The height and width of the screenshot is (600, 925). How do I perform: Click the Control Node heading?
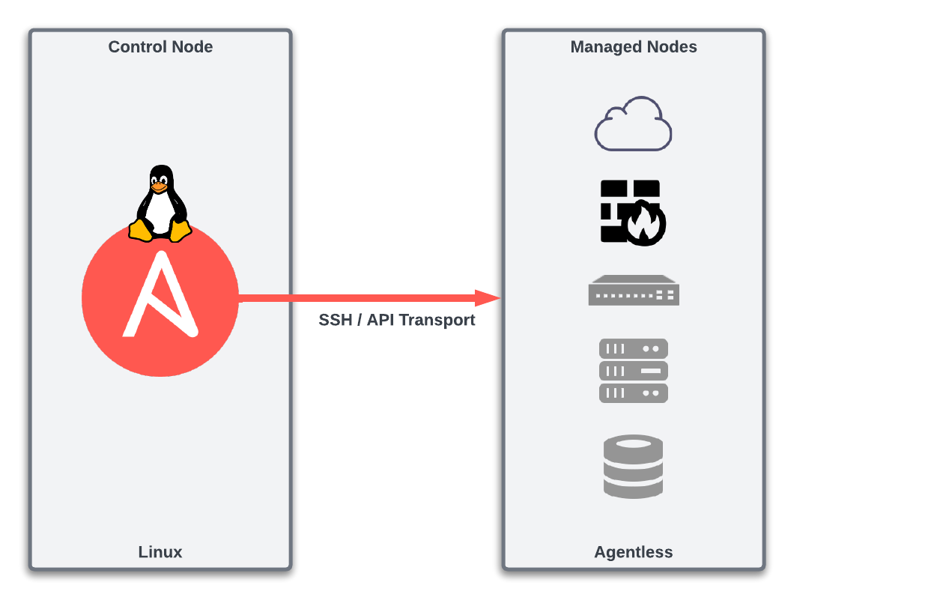pyautogui.click(x=160, y=46)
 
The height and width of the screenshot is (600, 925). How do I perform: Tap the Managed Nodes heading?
pyautogui.click(x=634, y=46)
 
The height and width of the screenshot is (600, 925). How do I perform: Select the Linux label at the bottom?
pyautogui.click(x=160, y=552)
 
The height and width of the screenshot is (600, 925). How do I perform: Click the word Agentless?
pyautogui.click(x=634, y=552)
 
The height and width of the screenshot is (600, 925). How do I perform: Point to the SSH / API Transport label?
pyautogui.click(x=397, y=320)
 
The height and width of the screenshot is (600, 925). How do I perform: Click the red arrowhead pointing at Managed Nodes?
pyautogui.click(x=488, y=298)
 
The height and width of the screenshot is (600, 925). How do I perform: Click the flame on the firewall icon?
pyautogui.click(x=645, y=224)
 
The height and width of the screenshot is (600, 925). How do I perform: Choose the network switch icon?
pyautogui.click(x=634, y=291)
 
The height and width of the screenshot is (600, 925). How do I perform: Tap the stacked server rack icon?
pyautogui.click(x=634, y=370)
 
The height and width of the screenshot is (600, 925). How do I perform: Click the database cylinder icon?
pyautogui.click(x=634, y=467)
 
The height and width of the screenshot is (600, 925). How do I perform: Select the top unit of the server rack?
pyautogui.click(x=634, y=348)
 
